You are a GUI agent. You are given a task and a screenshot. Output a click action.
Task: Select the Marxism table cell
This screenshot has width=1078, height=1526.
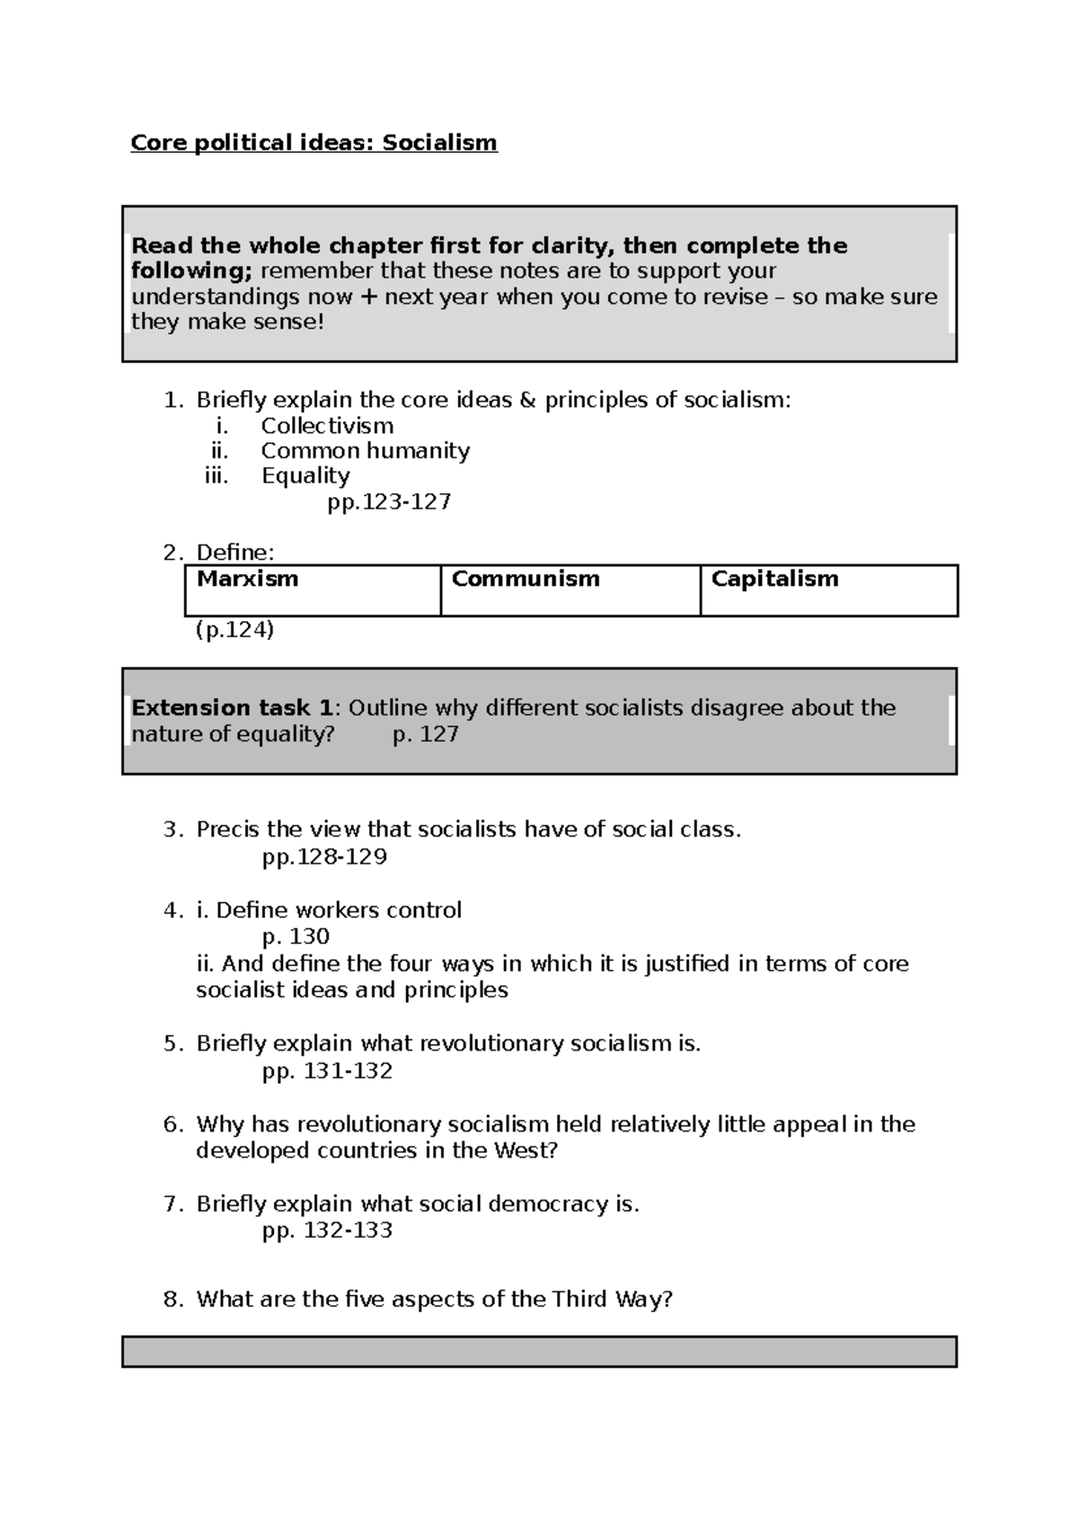(312, 590)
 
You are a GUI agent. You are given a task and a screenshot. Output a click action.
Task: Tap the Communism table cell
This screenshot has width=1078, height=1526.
(570, 590)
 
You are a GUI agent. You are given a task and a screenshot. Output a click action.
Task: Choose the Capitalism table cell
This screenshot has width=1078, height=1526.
(828, 590)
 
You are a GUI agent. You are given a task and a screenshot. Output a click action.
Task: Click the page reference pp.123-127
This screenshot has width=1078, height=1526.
(389, 501)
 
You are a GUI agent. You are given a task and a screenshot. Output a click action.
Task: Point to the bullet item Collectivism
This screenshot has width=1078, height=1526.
(327, 426)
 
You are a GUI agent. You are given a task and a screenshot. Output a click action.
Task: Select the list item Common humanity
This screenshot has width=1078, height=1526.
(365, 450)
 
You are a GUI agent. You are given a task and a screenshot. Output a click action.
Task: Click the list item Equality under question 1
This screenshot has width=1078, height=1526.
(305, 475)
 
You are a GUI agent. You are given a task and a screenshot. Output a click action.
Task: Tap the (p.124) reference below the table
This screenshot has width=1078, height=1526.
(234, 630)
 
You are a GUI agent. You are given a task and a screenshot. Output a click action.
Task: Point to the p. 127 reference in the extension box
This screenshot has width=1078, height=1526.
(426, 734)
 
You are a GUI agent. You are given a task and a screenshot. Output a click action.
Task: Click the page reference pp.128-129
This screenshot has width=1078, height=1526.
(324, 856)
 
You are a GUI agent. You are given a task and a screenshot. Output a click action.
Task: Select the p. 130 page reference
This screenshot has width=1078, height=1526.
(296, 936)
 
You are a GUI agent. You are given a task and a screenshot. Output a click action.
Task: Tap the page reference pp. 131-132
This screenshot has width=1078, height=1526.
(327, 1071)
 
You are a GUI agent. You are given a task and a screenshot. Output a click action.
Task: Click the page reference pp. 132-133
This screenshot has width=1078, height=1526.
(327, 1230)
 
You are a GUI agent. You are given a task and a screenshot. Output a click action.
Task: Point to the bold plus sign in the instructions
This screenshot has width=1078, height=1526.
(368, 297)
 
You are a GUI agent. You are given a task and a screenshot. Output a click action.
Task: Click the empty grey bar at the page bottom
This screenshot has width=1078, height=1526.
(539, 1352)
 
